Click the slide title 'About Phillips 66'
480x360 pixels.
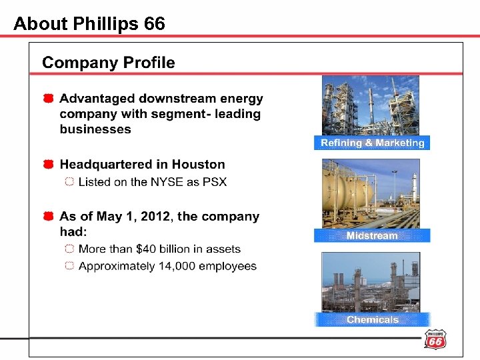coord(89,24)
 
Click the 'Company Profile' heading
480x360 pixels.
coord(109,63)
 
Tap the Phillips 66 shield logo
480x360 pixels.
coord(435,339)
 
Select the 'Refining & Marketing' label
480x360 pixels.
coord(372,143)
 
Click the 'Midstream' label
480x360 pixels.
coord(372,235)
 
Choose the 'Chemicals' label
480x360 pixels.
coord(372,319)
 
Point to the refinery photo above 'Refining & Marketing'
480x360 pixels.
coord(371,105)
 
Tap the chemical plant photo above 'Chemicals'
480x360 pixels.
coord(371,281)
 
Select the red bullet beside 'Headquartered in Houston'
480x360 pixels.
coord(49,165)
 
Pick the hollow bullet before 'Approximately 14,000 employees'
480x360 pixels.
coord(69,267)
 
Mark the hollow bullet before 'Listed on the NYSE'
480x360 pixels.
coord(69,183)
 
